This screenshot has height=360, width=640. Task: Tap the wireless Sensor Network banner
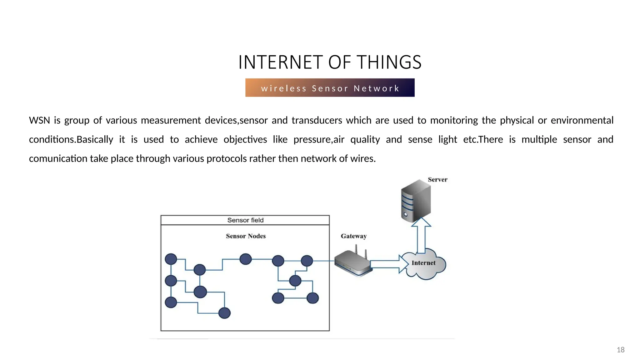(330, 88)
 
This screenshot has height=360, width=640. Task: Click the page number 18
(620, 350)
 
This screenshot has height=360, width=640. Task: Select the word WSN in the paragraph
(39, 120)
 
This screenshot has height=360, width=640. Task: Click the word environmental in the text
(582, 120)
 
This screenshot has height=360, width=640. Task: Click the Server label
(437, 180)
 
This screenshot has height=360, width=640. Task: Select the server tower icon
(416, 201)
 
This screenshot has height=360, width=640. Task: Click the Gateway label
(353, 236)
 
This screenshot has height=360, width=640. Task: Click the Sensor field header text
(245, 220)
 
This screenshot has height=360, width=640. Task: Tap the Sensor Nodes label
(246, 236)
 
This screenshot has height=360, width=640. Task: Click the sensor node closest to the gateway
(307, 261)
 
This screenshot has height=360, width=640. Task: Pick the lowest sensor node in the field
(224, 313)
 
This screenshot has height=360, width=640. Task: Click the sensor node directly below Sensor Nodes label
(246, 259)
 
